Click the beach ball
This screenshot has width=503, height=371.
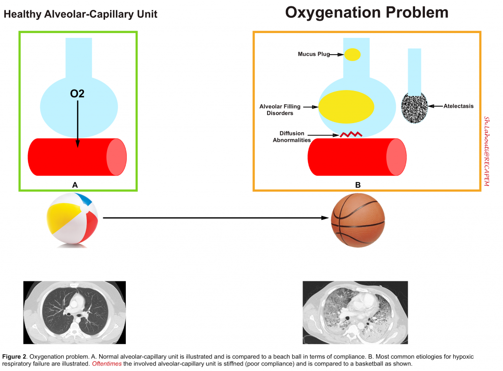point(73,220)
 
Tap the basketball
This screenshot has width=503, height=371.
point(358,220)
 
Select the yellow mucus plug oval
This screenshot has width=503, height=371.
point(352,55)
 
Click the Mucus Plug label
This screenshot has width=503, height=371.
point(314,54)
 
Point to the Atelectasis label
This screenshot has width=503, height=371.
point(458,106)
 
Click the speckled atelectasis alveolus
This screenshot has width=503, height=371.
point(415,108)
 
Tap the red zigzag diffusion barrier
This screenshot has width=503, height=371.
point(351,134)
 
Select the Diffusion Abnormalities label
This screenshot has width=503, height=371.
point(292,136)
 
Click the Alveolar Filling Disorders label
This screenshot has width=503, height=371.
point(279,110)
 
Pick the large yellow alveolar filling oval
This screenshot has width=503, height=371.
point(346,107)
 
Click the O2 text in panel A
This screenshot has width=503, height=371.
point(77,93)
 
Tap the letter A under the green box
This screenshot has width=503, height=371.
point(75,185)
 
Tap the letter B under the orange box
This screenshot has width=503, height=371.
point(358,185)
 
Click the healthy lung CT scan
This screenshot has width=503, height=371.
point(75,312)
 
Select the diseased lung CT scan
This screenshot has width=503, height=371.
point(355,312)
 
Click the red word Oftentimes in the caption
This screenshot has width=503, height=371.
point(107,364)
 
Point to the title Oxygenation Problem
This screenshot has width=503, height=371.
point(366,12)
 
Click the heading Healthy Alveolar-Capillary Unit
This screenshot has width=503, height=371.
point(80,14)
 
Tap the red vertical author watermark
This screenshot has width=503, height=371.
point(487,151)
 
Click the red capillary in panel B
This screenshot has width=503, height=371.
point(357,157)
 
